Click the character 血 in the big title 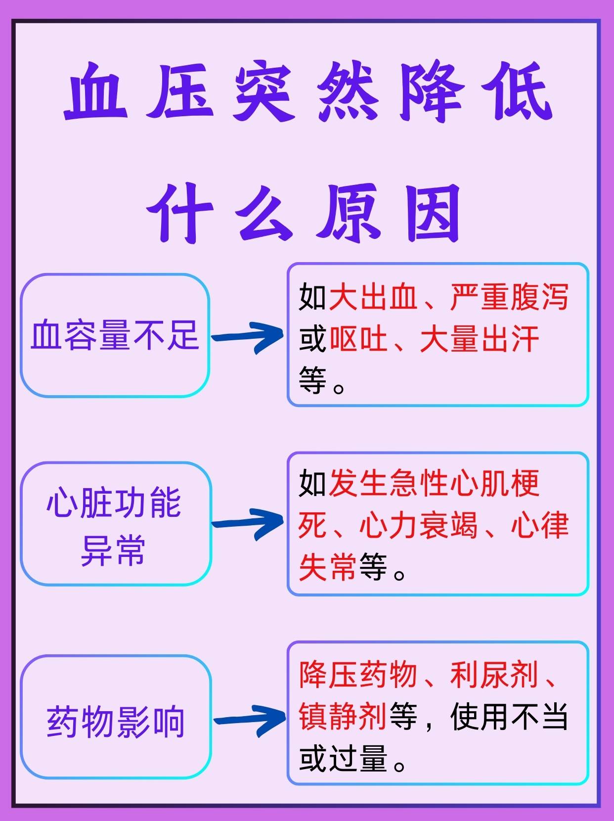click(96, 92)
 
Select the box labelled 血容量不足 click(115, 335)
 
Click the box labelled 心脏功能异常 click(115, 524)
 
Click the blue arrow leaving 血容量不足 click(247, 336)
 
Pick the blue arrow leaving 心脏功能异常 click(247, 523)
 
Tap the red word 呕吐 click(359, 340)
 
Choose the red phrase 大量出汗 click(480, 340)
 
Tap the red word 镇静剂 click(343, 717)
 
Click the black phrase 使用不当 click(509, 717)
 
